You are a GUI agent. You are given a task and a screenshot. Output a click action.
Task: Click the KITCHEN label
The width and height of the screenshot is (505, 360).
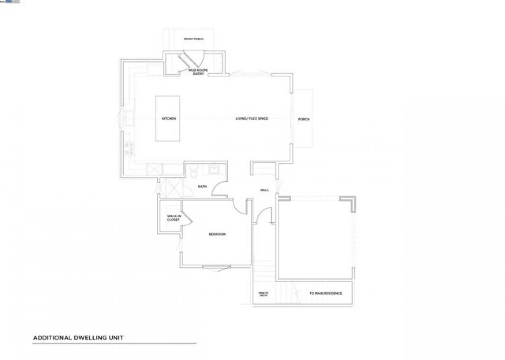[x=169, y=119]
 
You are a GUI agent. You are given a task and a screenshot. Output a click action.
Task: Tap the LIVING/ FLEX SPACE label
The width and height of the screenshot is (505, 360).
[x=252, y=119]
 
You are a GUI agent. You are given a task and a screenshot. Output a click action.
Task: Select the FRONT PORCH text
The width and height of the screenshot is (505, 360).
[x=194, y=39]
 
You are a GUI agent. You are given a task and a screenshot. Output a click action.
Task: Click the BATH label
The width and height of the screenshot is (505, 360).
[x=202, y=186]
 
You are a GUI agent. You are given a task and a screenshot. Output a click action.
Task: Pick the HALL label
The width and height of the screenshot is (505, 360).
[x=265, y=190]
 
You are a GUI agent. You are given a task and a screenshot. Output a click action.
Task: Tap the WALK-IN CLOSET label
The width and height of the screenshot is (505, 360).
[x=173, y=218]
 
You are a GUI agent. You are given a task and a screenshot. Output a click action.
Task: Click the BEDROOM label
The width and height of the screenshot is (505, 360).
[x=217, y=234]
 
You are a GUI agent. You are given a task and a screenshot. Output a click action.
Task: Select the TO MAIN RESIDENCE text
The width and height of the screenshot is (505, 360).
[x=325, y=294]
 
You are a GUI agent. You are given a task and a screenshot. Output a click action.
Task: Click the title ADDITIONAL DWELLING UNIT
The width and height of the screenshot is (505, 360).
[x=78, y=338]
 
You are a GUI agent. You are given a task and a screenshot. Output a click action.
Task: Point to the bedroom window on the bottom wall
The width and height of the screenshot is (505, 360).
[x=216, y=267]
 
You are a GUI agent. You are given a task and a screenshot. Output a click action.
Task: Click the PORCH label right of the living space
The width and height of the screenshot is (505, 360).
[x=304, y=119]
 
